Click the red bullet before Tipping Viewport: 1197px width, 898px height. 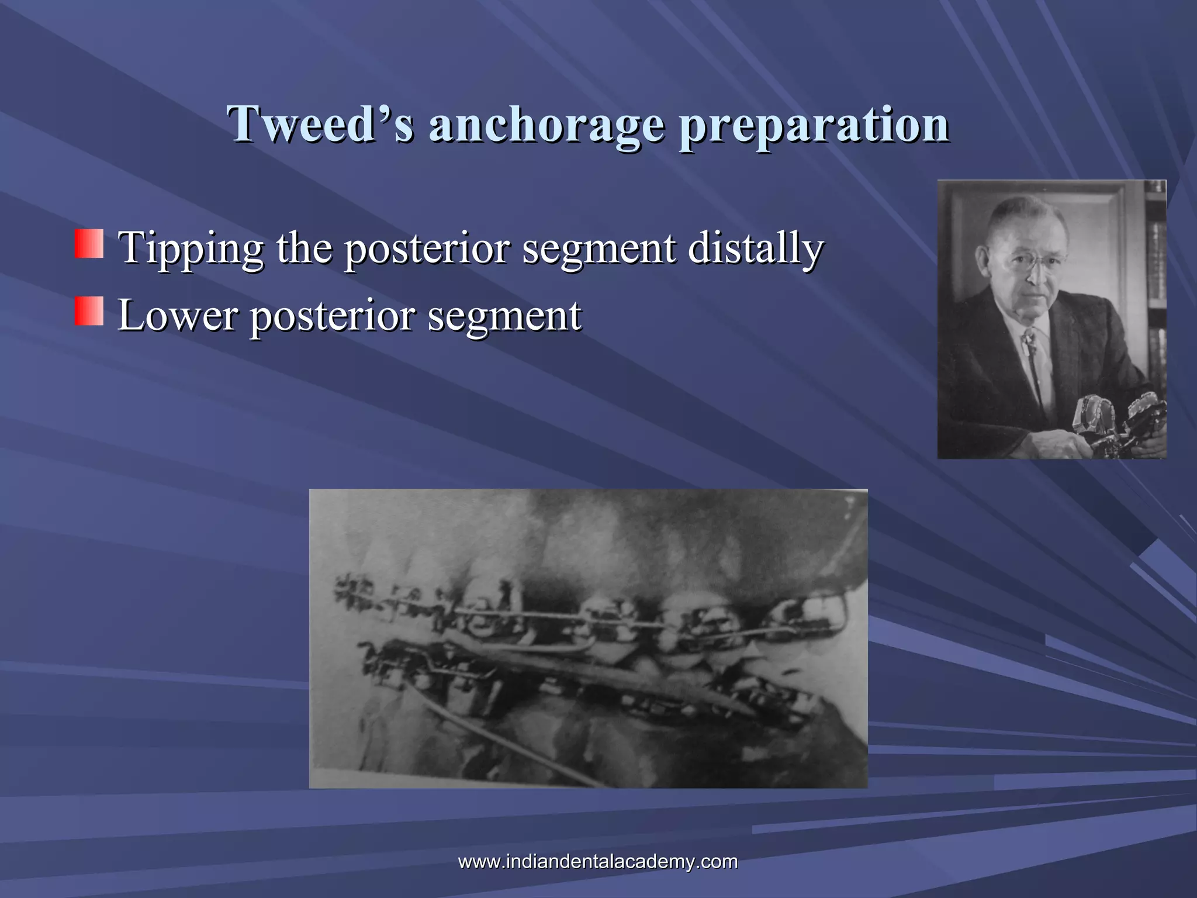pyautogui.click(x=89, y=244)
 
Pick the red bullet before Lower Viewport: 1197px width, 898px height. pyautogui.click(x=89, y=311)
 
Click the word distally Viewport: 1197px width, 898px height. pyautogui.click(x=755, y=248)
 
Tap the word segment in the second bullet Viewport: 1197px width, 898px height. pyautogui.click(x=504, y=315)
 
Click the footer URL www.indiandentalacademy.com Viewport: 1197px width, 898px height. pyautogui.click(x=597, y=861)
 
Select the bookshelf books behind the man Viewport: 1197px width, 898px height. pyautogui.click(x=1156, y=263)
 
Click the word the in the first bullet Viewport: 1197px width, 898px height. pyautogui.click(x=303, y=248)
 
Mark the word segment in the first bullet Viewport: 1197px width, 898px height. pyautogui.click(x=598, y=248)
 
